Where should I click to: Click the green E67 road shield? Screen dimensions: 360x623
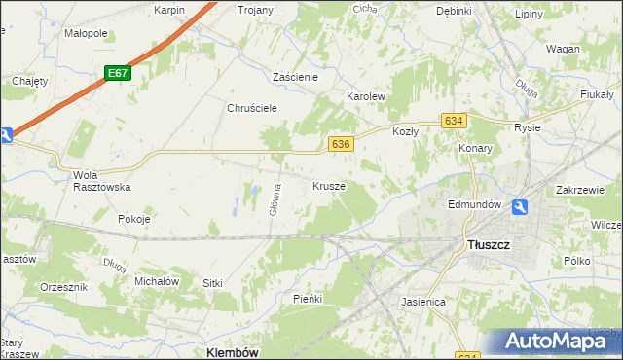pyautogui.click(x=118, y=74)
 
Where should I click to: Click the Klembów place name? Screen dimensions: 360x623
pyautogui.click(x=233, y=352)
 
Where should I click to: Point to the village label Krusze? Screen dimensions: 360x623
pyautogui.click(x=329, y=185)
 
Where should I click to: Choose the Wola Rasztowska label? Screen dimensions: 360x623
pyautogui.click(x=101, y=181)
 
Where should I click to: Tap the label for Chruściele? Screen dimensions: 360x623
pyautogui.click(x=253, y=108)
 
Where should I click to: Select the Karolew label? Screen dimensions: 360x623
pyautogui.click(x=367, y=97)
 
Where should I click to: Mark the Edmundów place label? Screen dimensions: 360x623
pyautogui.click(x=474, y=204)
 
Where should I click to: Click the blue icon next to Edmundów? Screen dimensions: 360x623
pyautogui.click(x=521, y=206)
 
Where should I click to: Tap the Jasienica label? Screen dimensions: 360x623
pyautogui.click(x=423, y=302)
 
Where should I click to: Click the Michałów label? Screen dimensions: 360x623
pyautogui.click(x=158, y=280)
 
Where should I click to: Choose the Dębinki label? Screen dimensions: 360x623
pyautogui.click(x=454, y=11)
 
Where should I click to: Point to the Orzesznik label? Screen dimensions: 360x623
pyautogui.click(x=64, y=288)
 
